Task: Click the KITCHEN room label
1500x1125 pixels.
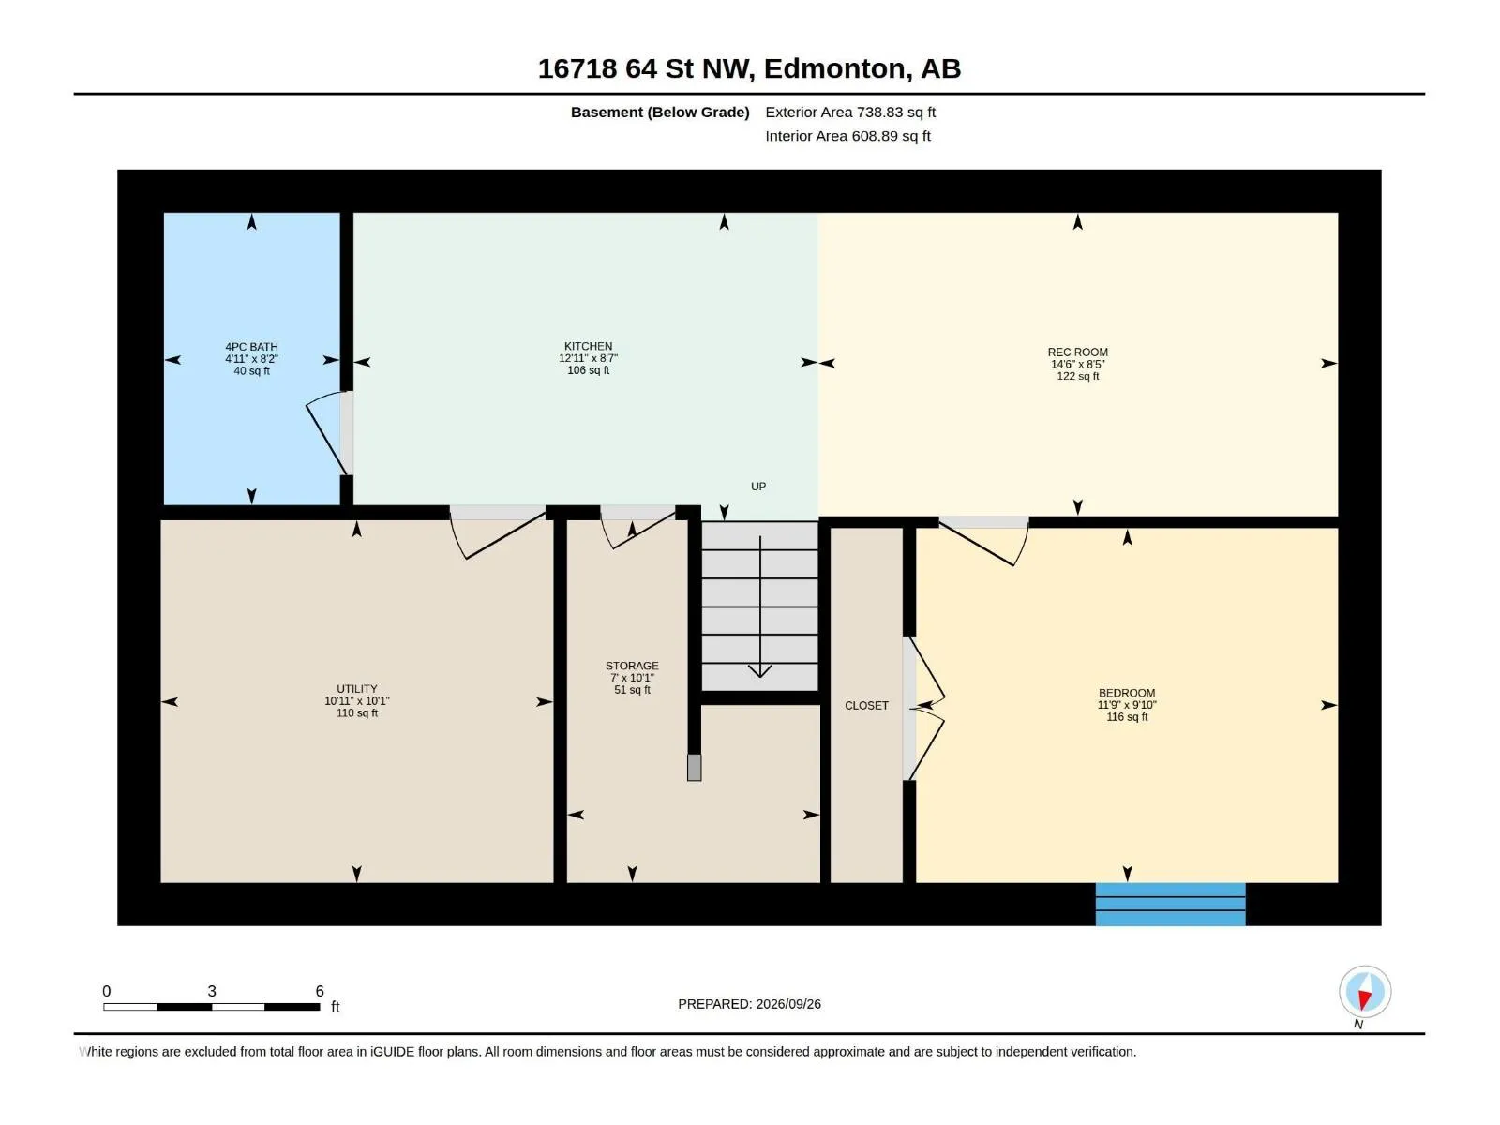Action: (588, 346)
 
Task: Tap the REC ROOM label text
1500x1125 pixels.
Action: (1078, 352)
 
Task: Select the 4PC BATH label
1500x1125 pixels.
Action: (251, 347)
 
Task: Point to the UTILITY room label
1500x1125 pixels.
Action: (357, 689)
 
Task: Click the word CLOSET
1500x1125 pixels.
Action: (866, 706)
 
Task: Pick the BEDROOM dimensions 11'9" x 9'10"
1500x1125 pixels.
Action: (1127, 705)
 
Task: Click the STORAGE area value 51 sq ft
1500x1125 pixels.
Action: (632, 690)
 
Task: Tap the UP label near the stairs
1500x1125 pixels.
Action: (758, 487)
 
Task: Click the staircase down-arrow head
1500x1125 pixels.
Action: (760, 670)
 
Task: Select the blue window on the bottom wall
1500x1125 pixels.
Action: (1171, 905)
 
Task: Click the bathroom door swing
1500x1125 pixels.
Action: (325, 431)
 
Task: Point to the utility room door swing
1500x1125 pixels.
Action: (498, 536)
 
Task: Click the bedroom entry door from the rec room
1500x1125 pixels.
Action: (984, 543)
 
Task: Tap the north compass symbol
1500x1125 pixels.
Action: (1365, 992)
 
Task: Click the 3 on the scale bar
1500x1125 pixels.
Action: (212, 990)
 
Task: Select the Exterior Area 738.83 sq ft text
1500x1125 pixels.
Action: (850, 112)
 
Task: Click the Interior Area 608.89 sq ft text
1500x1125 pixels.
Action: (848, 136)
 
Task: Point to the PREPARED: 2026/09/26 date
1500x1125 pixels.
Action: (750, 1004)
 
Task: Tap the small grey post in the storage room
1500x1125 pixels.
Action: (695, 767)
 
